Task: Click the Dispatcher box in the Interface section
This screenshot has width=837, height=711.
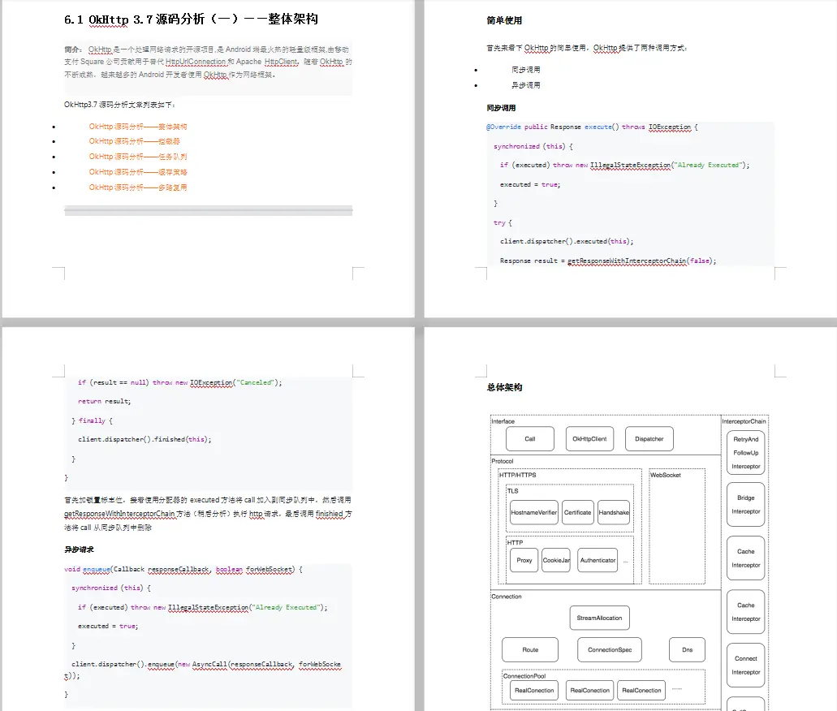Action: pos(649,439)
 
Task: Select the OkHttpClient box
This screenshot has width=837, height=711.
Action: pos(589,439)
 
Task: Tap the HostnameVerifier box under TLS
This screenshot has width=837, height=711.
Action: pos(533,512)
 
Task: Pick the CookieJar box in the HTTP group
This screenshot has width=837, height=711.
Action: pos(556,560)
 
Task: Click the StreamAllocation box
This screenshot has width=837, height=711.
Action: pos(599,618)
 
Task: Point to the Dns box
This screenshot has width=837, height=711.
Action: pos(687,649)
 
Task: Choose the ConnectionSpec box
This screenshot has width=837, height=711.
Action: pos(610,649)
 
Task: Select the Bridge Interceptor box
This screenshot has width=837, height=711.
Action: pos(745,504)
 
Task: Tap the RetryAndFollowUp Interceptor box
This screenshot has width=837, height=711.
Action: pos(745,452)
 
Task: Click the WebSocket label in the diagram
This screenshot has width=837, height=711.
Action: pos(666,475)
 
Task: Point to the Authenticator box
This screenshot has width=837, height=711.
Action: pos(598,560)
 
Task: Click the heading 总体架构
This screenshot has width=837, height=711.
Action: pos(504,387)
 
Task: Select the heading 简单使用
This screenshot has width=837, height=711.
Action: pos(504,20)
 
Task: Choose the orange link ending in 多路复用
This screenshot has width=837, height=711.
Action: pos(138,187)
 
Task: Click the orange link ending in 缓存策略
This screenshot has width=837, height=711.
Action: pos(138,172)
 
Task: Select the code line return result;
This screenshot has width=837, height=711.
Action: pos(104,401)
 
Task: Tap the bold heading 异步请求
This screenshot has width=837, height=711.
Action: pos(80,549)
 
